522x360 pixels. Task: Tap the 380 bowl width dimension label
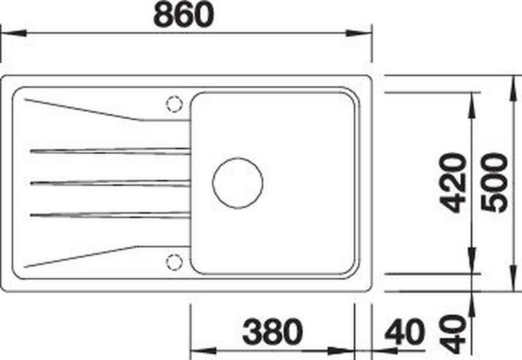tap(272, 332)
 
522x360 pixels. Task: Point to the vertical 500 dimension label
tap(495, 183)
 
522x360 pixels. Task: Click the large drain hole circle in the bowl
tap(238, 182)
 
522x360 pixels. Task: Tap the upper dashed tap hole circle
tap(174, 103)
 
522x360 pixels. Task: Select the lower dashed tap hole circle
tap(174, 261)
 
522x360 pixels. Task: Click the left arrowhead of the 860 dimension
tap(13, 34)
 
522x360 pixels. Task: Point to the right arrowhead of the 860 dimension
tap(359, 34)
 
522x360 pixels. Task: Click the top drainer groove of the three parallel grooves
tap(109, 151)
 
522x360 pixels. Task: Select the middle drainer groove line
tap(109, 183)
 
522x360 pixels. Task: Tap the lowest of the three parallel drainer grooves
tap(109, 214)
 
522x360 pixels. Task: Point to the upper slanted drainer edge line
tap(83, 109)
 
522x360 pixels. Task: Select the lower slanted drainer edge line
tap(83, 256)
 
